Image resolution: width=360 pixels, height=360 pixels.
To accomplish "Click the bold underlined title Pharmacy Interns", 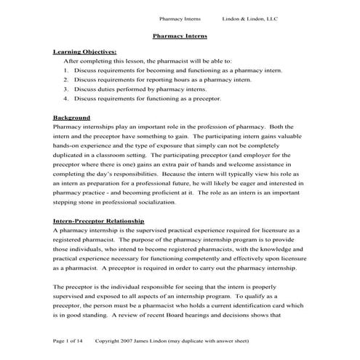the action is [180, 35].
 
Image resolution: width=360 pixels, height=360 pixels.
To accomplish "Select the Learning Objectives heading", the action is [84, 52].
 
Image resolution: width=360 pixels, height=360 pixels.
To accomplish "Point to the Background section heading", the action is [71, 117].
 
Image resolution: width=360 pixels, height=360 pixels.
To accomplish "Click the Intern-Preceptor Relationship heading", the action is [98, 220].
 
